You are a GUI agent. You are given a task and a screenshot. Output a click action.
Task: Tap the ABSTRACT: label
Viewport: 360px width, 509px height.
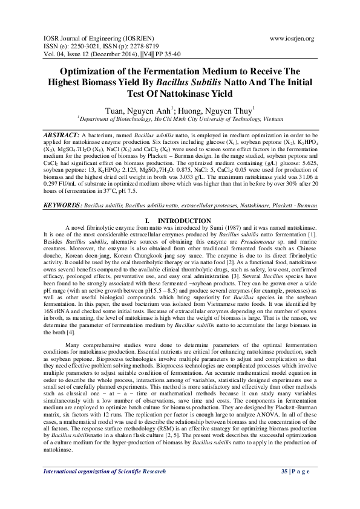[62, 132]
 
